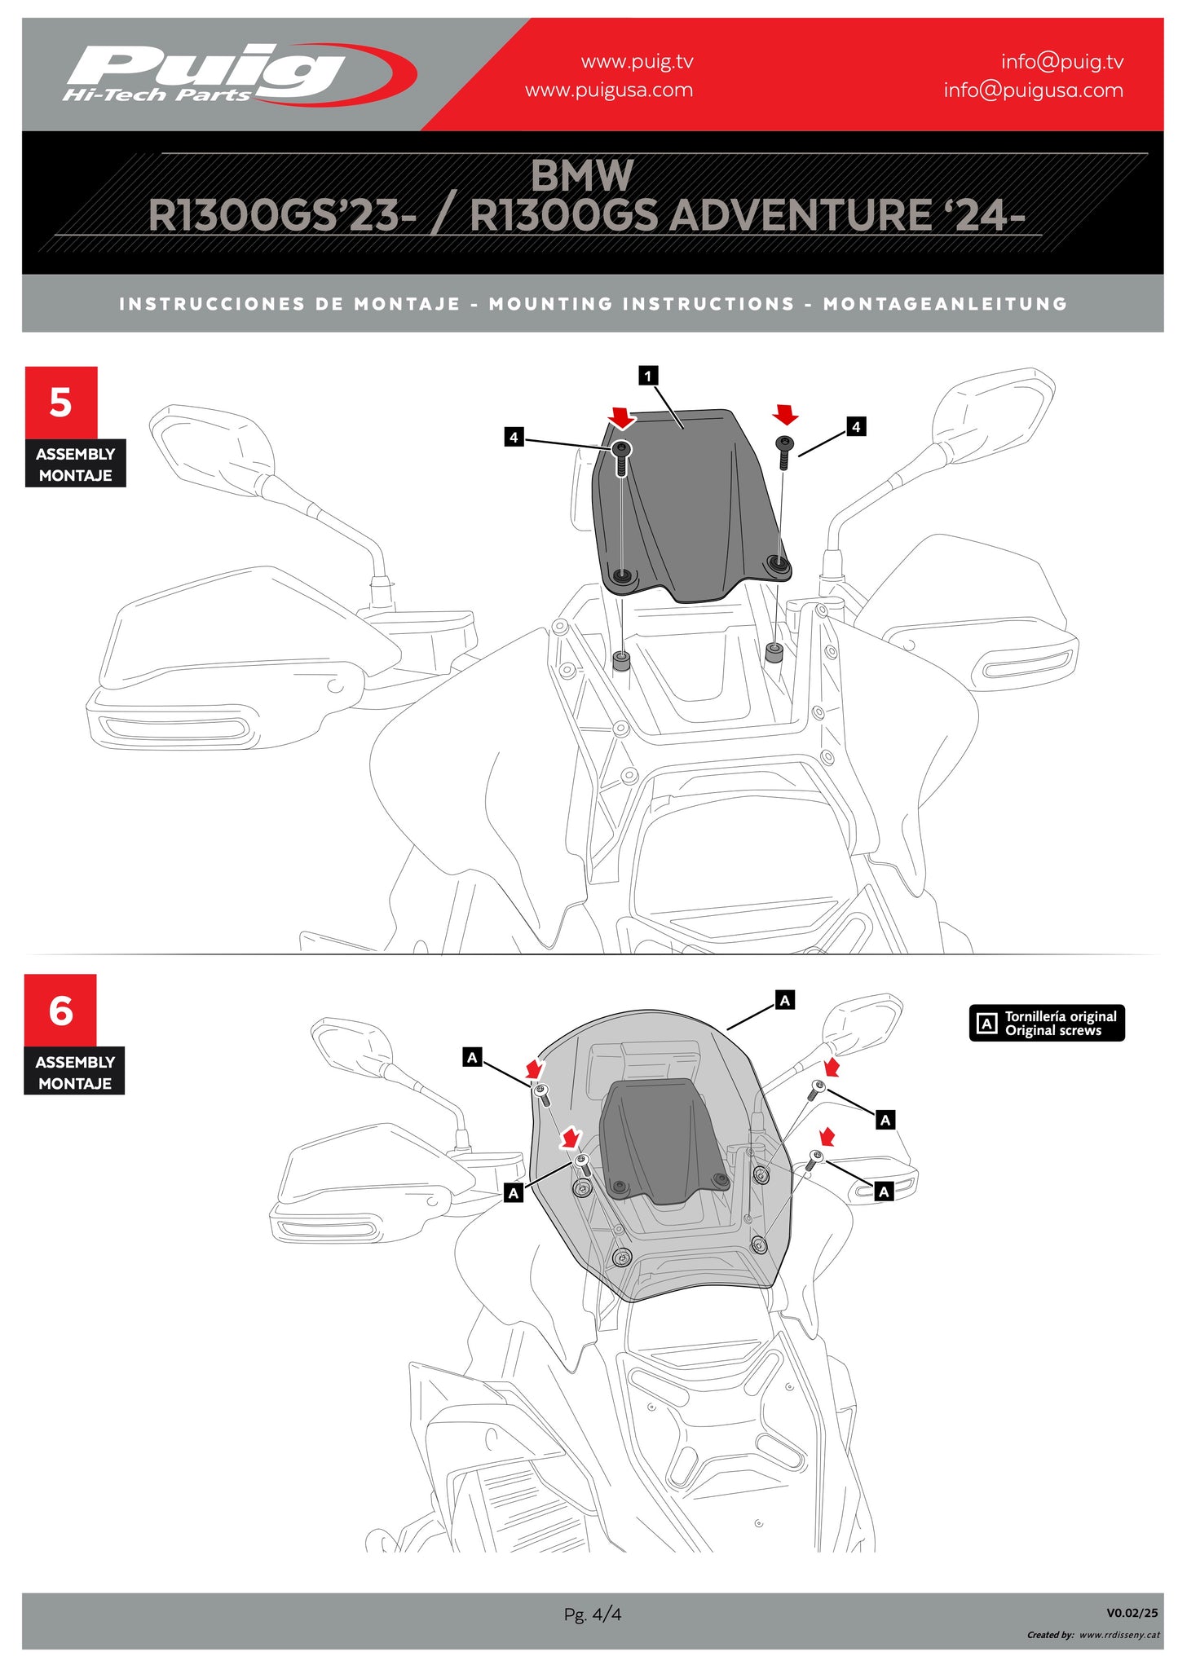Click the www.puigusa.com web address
point(608,90)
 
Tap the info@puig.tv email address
point(1061,62)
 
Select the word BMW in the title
point(581,175)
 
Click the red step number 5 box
point(61,403)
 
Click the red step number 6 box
point(60,1011)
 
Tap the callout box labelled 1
point(648,376)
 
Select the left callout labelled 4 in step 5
point(514,438)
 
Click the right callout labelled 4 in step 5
point(855,426)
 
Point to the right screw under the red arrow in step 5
point(784,451)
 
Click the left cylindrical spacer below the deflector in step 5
point(621,660)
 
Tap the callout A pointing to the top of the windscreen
point(784,1000)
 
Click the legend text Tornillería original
point(1060,1016)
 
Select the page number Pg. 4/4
point(592,1614)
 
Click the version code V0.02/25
point(1132,1612)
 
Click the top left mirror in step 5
point(212,448)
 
